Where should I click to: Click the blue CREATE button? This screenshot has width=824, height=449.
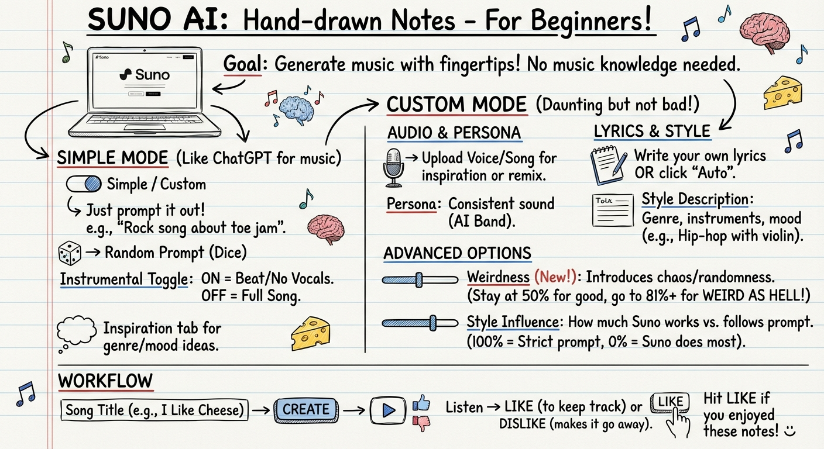click(305, 410)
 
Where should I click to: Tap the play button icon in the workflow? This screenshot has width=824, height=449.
click(388, 410)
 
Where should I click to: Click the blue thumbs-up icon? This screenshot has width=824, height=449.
click(421, 403)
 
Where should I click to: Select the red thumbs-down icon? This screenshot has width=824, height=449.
click(421, 423)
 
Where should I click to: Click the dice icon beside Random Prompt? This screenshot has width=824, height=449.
click(70, 253)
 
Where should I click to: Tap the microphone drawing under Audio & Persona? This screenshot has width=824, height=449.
click(393, 168)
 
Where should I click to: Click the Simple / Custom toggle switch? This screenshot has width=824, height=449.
click(84, 184)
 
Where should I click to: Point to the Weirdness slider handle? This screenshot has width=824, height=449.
click(418, 280)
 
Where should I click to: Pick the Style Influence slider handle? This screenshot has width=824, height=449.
click(432, 323)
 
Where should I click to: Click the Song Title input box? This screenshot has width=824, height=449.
click(154, 410)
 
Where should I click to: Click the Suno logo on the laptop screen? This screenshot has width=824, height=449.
click(145, 75)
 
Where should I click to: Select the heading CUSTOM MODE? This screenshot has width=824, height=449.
click(456, 104)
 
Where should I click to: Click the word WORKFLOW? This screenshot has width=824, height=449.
click(105, 381)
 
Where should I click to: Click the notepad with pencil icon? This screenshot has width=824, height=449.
click(609, 165)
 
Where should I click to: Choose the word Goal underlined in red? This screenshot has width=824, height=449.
click(242, 64)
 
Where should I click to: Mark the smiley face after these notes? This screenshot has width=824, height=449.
click(789, 431)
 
